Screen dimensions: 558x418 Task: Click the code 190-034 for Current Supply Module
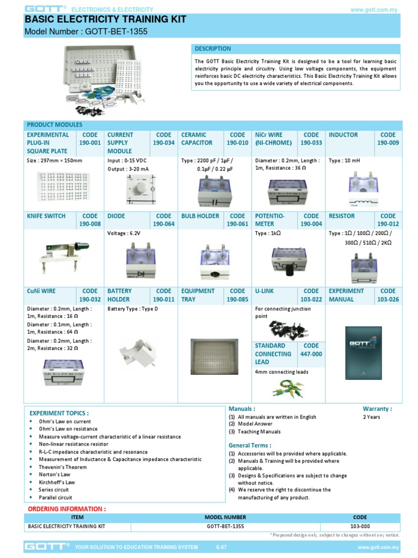tap(163, 143)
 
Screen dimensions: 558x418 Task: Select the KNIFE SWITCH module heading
tap(46, 216)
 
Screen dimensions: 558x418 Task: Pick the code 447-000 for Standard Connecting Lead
tap(311, 354)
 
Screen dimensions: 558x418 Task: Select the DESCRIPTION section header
tap(213, 48)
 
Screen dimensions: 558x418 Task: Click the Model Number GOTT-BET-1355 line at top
tap(86, 32)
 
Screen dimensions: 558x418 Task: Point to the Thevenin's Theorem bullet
tap(62, 467)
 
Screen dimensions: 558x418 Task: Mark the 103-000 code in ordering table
tap(360, 526)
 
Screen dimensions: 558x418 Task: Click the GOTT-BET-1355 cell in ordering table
tap(225, 526)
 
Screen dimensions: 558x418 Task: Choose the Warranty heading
tap(377, 409)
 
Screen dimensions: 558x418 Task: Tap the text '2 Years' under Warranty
tap(372, 417)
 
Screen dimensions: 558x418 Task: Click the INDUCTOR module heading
tap(343, 135)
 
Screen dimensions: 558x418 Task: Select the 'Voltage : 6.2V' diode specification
tap(124, 233)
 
